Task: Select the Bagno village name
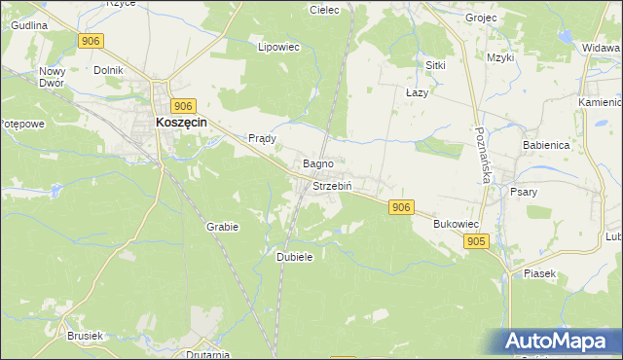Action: [x=319, y=163]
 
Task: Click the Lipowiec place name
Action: [x=275, y=46]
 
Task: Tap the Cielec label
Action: [x=323, y=10]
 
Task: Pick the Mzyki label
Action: [x=500, y=57]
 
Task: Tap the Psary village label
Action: [x=524, y=192]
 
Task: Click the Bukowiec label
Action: [x=456, y=224]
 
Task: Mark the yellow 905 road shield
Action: [x=475, y=241]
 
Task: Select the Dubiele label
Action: [x=294, y=256]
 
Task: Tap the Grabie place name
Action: [x=222, y=226]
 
